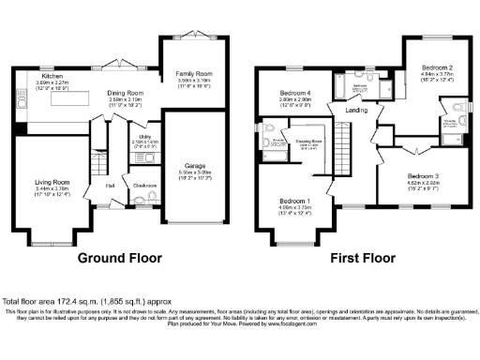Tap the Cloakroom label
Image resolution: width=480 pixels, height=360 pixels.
click(x=143, y=186)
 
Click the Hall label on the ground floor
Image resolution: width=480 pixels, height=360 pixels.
click(x=111, y=186)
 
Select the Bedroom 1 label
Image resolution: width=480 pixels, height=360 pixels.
click(x=296, y=202)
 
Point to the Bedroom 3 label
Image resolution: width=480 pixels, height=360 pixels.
click(x=423, y=175)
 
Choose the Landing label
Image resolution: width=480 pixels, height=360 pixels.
click(x=356, y=111)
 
